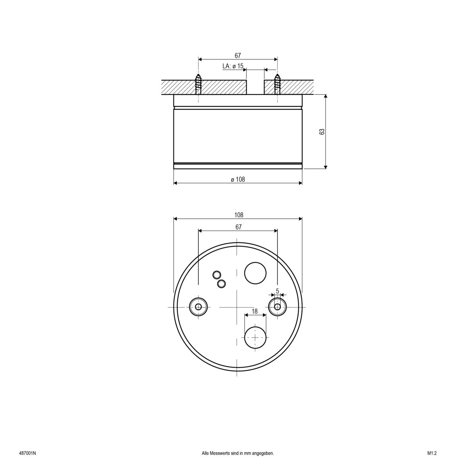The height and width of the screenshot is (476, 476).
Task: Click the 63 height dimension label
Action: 322,132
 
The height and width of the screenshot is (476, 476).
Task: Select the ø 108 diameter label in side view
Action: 238,179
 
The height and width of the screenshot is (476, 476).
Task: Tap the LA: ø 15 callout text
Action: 233,66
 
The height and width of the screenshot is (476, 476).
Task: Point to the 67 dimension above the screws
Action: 238,56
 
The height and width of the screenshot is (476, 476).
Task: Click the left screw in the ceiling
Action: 198,84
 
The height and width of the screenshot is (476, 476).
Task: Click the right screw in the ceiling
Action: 277,84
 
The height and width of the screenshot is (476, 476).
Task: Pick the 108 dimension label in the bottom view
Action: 238,215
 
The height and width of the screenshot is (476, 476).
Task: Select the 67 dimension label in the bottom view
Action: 238,227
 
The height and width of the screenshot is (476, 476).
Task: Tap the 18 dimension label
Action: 255,311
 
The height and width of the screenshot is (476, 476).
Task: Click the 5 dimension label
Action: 277,291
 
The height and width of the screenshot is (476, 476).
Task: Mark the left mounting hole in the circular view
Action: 198,307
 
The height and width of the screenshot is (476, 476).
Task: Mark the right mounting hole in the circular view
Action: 277,307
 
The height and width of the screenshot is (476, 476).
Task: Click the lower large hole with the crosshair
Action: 255,337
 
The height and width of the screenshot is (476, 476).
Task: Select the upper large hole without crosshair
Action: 255,273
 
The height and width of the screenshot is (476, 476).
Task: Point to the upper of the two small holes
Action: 217,274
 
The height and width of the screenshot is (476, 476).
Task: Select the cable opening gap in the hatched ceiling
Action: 255,87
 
